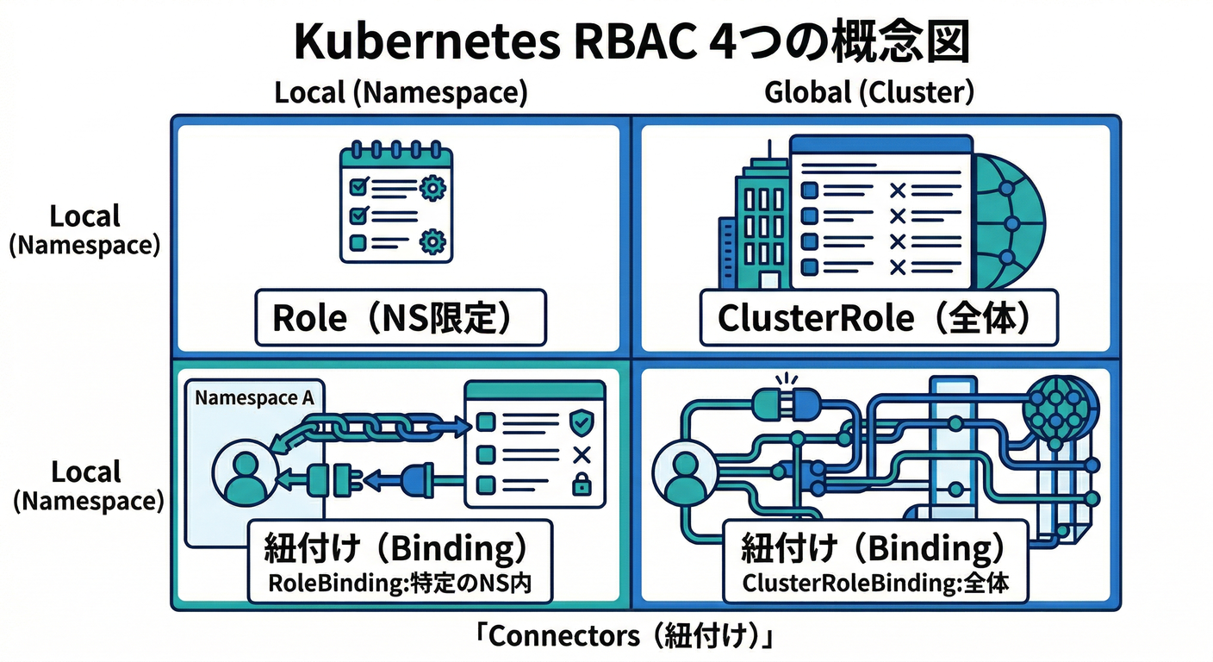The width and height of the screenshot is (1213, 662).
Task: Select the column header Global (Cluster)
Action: coord(868,92)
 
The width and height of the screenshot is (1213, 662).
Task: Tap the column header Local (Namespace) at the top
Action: coord(401,92)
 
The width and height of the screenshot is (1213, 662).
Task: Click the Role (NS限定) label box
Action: coord(401,318)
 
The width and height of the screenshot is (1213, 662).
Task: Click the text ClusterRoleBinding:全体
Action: coord(875,584)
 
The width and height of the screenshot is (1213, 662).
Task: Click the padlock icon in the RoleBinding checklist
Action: coord(582,486)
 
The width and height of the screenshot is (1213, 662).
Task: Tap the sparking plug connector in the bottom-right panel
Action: coord(784,401)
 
